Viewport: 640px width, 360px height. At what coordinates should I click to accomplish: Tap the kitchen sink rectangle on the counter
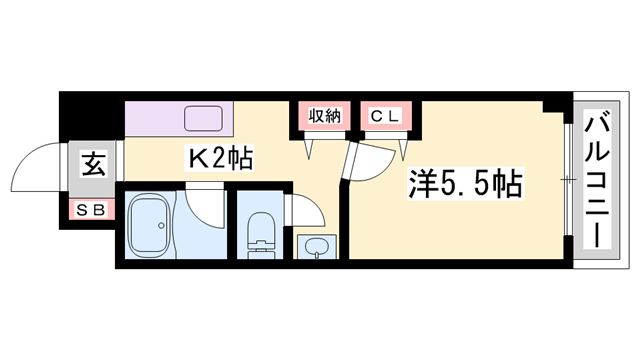click(206, 118)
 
